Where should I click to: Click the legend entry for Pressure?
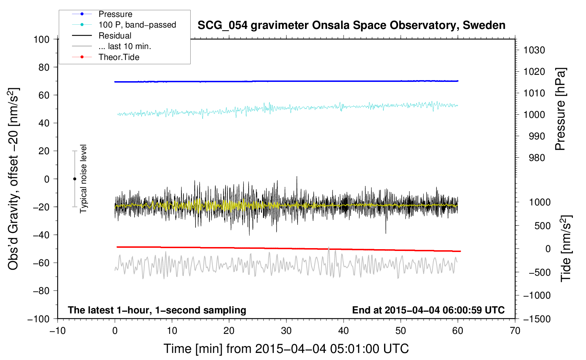[x=102, y=14]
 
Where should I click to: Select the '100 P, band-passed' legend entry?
[x=124, y=25]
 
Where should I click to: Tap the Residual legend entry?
[x=102, y=36]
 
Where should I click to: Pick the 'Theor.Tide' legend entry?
[x=106, y=57]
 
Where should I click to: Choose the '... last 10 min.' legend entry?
[x=112, y=46]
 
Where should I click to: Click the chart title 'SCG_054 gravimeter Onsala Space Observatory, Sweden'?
[x=351, y=25]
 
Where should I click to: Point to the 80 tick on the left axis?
[x=44, y=67]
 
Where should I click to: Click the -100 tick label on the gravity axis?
[x=38, y=319]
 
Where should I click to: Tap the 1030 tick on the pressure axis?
[x=534, y=50]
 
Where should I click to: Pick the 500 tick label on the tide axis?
[x=543, y=226]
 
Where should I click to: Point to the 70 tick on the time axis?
[x=515, y=331]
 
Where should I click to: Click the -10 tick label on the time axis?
[x=58, y=331]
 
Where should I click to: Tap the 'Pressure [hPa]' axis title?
[x=560, y=109]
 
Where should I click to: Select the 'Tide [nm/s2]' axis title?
[x=566, y=248]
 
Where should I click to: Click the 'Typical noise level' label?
[x=83, y=179]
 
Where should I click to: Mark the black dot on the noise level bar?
[x=74, y=179]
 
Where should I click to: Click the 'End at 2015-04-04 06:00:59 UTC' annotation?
[x=428, y=310]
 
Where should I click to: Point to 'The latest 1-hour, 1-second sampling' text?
[x=157, y=310]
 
